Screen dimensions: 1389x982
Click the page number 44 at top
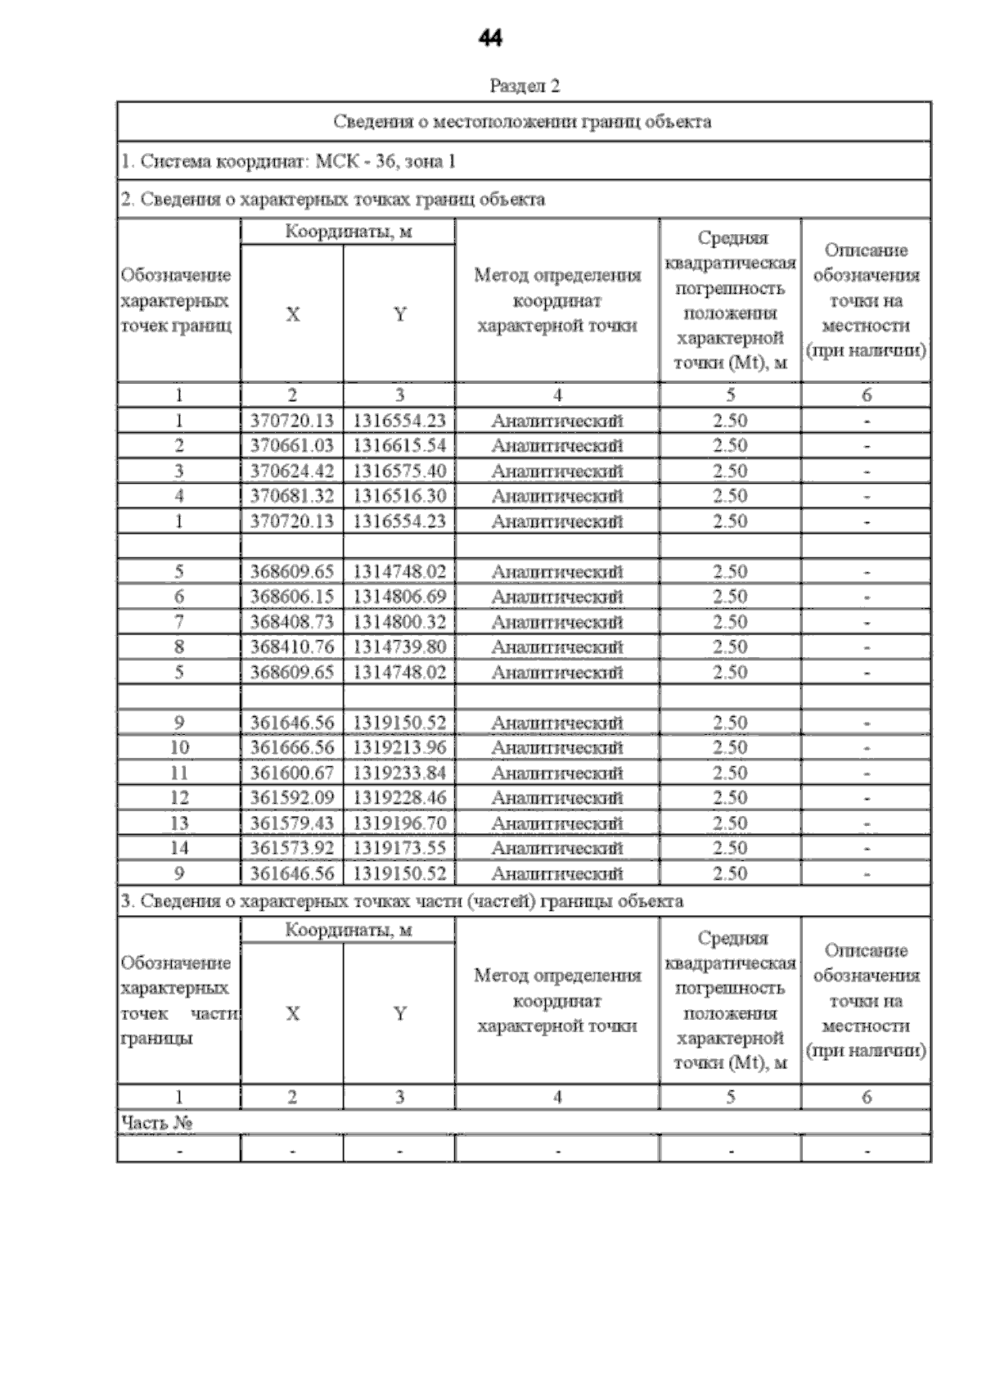pos(489,38)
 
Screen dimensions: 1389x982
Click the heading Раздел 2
pos(524,86)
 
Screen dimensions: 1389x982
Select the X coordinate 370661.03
pos(292,445)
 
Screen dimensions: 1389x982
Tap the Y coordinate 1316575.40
pos(399,471)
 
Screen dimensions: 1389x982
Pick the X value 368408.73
pos(292,622)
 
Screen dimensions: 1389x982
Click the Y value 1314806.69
pos(399,597)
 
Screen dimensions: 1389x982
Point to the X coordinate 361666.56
pos(292,747)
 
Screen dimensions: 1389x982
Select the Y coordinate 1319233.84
pos(399,773)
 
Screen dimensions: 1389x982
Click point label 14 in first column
pos(179,848)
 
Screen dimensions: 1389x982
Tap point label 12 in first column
pos(179,798)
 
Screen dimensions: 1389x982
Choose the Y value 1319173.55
pos(399,848)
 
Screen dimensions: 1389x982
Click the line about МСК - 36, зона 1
pos(288,161)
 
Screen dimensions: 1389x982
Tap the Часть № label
pos(156,1122)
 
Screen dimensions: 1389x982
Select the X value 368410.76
pos(292,647)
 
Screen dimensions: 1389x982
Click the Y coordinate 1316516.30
pos(399,496)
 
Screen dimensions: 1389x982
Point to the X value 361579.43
pos(292,823)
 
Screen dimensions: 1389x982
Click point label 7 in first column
pos(179,622)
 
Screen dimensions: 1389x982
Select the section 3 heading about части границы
pos(402,902)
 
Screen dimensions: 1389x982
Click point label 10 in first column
pos(179,747)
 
